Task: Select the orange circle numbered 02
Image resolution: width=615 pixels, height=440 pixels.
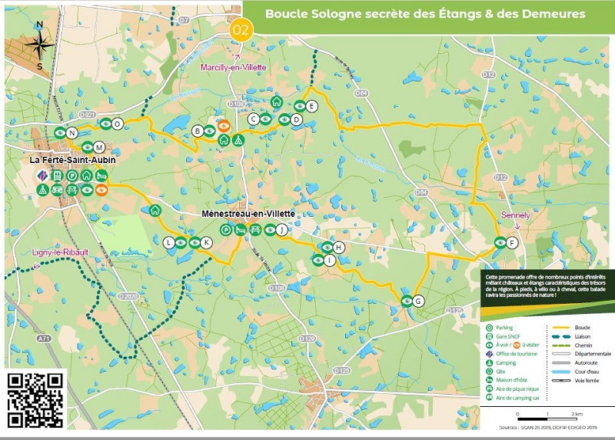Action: click(241, 30)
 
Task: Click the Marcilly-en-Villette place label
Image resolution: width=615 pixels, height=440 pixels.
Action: click(233, 68)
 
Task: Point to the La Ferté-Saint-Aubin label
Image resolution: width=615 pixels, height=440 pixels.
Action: click(68, 160)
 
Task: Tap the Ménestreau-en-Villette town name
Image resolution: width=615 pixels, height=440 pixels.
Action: click(248, 214)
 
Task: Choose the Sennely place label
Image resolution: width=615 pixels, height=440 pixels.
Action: click(515, 215)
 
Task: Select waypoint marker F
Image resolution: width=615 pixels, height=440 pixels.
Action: click(513, 243)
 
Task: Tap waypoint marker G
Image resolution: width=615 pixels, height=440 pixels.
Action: click(418, 300)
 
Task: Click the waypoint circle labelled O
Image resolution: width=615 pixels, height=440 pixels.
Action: click(117, 124)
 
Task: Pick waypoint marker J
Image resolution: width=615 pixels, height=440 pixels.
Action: click(282, 229)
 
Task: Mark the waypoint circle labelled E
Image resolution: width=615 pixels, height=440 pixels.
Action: click(311, 107)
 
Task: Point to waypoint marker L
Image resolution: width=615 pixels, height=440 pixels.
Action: click(169, 242)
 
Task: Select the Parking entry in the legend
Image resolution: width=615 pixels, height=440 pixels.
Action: click(504, 328)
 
